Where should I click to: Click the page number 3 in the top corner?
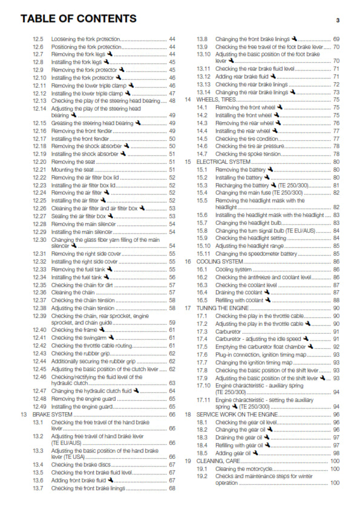[x=337, y=20]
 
